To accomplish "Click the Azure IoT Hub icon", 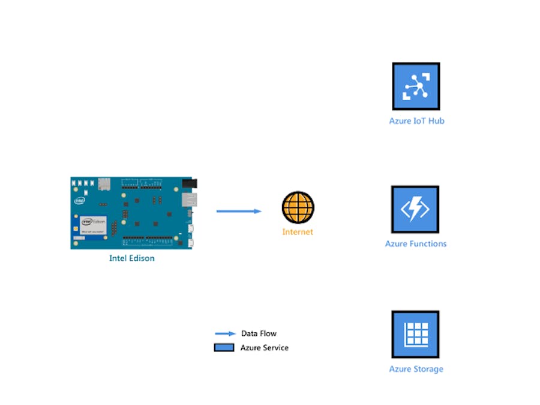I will pyautogui.click(x=416, y=86).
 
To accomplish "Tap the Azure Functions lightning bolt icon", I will pyautogui.click(x=415, y=209).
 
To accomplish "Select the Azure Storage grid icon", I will pyautogui.click(x=415, y=334).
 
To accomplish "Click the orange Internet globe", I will pyautogui.click(x=298, y=207).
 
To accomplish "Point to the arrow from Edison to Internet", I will pyautogui.click(x=239, y=211).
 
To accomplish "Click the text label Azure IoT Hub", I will pyautogui.click(x=416, y=121).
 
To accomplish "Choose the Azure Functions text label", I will pyautogui.click(x=416, y=244).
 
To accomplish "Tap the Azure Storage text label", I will pyautogui.click(x=416, y=369).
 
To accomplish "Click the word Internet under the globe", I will pyautogui.click(x=298, y=232).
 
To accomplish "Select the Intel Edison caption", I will pyautogui.click(x=131, y=258).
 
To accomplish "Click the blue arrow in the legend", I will pyautogui.click(x=224, y=333).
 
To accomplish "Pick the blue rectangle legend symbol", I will pyautogui.click(x=224, y=347).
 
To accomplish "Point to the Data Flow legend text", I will pyautogui.click(x=259, y=333).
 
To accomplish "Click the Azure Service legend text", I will pyautogui.click(x=264, y=348).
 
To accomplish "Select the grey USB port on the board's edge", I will pyautogui.click(x=189, y=200).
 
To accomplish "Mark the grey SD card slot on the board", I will pyautogui.click(x=104, y=183).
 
